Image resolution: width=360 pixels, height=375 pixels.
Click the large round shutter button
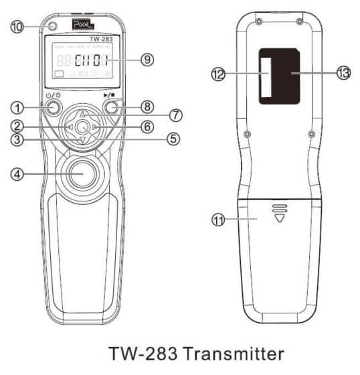tap(82, 172)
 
